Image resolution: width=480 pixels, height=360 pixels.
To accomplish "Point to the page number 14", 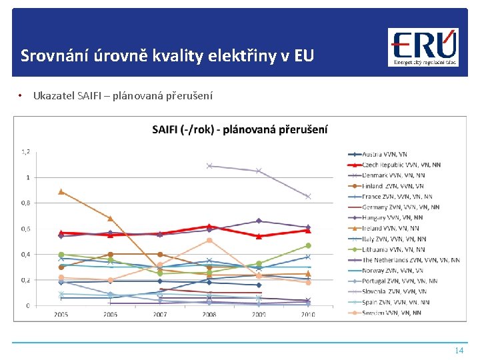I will click(458, 350).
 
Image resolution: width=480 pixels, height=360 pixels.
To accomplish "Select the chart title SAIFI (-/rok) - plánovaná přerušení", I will click(239, 129).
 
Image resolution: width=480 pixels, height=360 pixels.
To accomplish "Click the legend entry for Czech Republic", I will click(400, 165).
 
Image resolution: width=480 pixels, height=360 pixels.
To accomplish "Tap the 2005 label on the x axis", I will click(61, 314).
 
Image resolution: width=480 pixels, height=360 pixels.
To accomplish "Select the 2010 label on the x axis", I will click(308, 314).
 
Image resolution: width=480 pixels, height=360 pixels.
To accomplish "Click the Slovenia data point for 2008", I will click(209, 166).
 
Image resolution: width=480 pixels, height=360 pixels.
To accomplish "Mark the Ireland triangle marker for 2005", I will click(61, 191).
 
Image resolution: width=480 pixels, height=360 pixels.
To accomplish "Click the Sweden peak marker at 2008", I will click(209, 240).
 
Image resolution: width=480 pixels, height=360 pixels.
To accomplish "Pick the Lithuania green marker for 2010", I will click(308, 245).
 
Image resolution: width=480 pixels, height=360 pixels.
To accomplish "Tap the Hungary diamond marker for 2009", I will click(259, 221).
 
